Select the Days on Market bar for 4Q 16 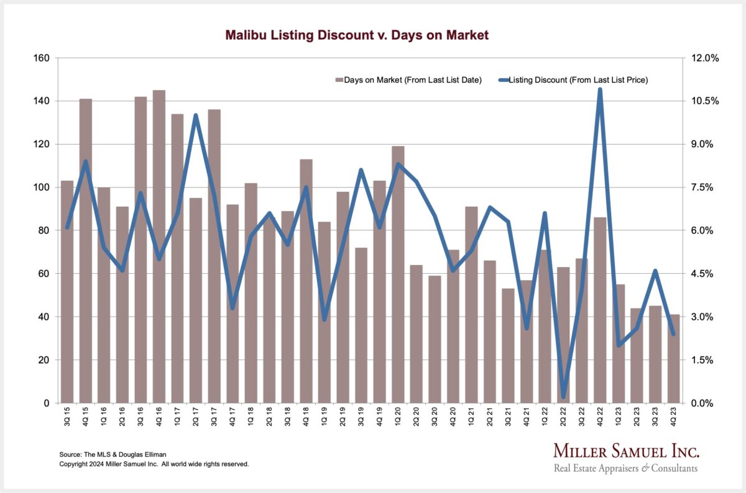pyautogui.click(x=159, y=248)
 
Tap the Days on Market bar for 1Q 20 pyautogui.click(x=398, y=276)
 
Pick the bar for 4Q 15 pyautogui.click(x=85, y=251)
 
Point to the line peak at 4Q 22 pyautogui.click(x=600, y=90)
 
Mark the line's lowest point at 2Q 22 pyautogui.click(x=563, y=396)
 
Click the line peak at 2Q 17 pyautogui.click(x=196, y=115)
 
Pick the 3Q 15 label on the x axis pyautogui.click(x=67, y=417)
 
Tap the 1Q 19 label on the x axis pyautogui.click(x=325, y=417)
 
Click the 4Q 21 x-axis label pyautogui.click(x=527, y=417)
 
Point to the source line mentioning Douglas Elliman pyautogui.click(x=113, y=455)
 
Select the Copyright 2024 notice pyautogui.click(x=154, y=464)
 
